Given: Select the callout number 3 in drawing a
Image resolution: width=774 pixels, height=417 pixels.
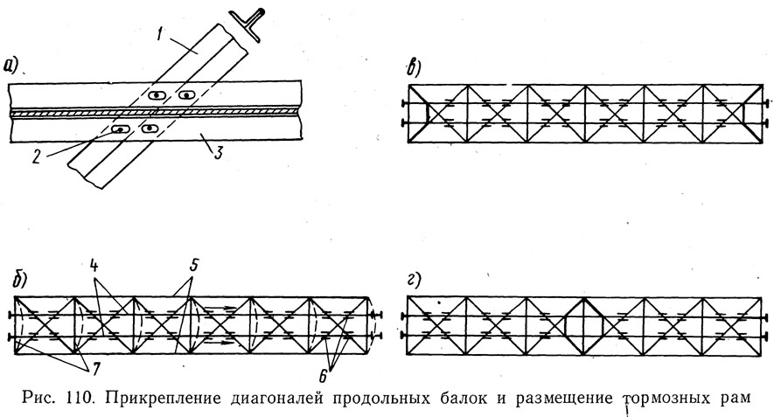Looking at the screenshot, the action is coord(218,153).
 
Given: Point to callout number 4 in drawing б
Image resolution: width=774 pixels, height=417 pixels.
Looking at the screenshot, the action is coord(94,267).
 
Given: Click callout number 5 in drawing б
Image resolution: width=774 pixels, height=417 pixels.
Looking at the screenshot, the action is coord(193,266).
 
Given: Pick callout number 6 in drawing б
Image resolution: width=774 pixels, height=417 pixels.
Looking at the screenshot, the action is coord(323,377).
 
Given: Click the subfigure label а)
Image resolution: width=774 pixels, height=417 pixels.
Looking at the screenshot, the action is coord(11,66).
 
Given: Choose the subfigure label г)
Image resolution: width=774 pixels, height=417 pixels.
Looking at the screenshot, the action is coord(414,281).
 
